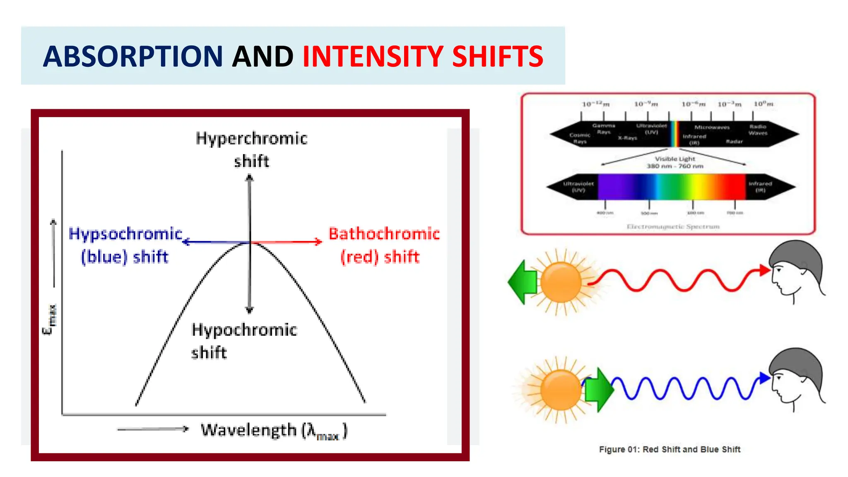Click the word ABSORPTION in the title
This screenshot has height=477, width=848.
point(132,56)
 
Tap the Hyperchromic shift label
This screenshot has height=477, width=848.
point(251,149)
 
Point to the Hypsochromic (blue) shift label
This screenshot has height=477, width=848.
point(125,245)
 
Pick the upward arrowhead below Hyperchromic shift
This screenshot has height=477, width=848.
point(249,178)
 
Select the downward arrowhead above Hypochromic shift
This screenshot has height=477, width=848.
point(249,309)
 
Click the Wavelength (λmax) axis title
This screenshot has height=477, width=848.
point(274,431)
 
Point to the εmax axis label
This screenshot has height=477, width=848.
point(50,320)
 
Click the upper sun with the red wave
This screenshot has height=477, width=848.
point(561,282)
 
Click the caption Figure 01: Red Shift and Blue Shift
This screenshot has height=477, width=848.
point(670,449)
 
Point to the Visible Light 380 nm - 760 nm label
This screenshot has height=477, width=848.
point(675,162)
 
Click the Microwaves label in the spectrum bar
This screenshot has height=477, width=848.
point(712,127)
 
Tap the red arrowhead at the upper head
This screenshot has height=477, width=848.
point(764,270)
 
